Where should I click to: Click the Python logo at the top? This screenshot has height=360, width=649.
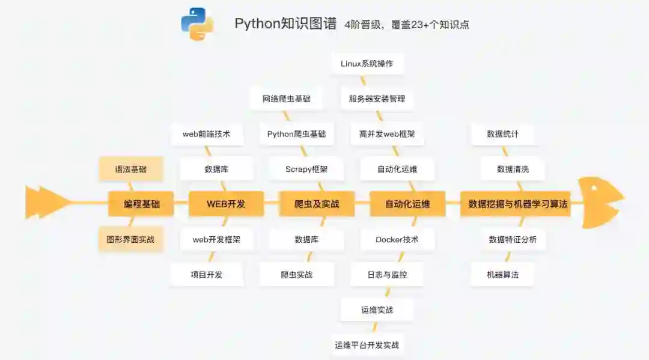(x=197, y=24)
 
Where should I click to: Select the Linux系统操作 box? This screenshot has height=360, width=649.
(x=367, y=63)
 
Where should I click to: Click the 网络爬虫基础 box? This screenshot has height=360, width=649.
(x=287, y=99)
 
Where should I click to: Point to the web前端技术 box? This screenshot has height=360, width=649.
(x=207, y=134)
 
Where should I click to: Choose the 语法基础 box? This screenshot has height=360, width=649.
(x=131, y=169)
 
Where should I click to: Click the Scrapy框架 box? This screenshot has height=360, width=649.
(x=306, y=169)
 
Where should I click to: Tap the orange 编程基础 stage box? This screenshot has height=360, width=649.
(x=142, y=204)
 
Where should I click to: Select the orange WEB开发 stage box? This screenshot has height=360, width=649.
(x=226, y=204)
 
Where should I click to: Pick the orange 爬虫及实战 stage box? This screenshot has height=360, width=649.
(x=317, y=204)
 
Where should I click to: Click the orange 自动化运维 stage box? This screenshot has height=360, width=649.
(x=407, y=204)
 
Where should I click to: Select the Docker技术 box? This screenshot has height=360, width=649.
(x=397, y=239)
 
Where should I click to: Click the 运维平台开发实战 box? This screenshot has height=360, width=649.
(x=367, y=345)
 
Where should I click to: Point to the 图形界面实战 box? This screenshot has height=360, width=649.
(x=130, y=239)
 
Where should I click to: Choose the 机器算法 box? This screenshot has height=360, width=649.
(x=502, y=275)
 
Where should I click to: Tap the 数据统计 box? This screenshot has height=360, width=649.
(x=502, y=134)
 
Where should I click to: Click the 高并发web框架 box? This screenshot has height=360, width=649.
(x=387, y=134)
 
